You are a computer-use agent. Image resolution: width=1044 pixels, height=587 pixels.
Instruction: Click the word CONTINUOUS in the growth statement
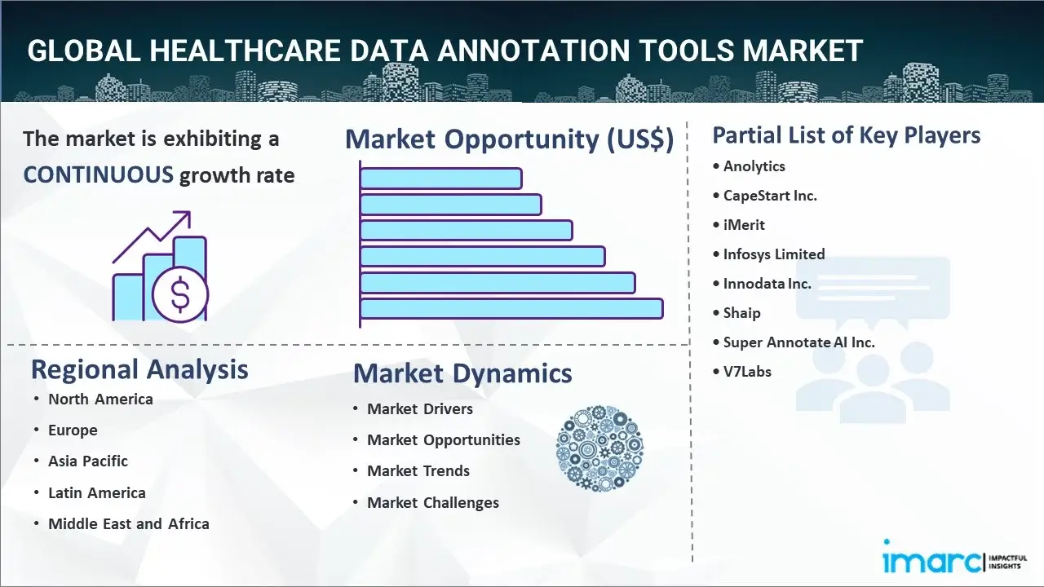pyautogui.click(x=99, y=175)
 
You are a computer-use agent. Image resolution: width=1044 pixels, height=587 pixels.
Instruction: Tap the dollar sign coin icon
pyautogui.click(x=180, y=294)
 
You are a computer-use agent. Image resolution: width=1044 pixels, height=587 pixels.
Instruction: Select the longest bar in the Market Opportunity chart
pyautogui.click(x=511, y=309)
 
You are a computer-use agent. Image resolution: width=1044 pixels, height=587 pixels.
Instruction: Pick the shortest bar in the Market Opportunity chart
pyautogui.click(x=441, y=179)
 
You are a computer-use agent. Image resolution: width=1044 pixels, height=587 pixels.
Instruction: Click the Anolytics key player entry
pyautogui.click(x=754, y=166)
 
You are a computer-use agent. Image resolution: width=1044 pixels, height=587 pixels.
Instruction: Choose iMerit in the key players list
pyautogui.click(x=744, y=225)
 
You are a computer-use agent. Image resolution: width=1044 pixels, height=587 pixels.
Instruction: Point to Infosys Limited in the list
pyautogui.click(x=774, y=254)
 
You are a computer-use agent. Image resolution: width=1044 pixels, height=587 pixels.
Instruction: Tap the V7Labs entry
pyautogui.click(x=747, y=372)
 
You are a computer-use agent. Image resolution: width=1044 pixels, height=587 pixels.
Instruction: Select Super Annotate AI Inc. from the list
pyautogui.click(x=798, y=342)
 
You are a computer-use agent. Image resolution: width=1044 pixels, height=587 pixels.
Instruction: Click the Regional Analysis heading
pyautogui.click(x=139, y=370)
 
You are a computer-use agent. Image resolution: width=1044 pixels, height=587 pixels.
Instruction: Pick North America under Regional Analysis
pyautogui.click(x=100, y=399)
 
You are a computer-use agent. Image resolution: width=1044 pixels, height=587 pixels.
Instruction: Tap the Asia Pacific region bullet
pyautogui.click(x=88, y=461)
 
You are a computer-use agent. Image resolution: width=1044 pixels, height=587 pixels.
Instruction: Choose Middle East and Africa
pyautogui.click(x=129, y=524)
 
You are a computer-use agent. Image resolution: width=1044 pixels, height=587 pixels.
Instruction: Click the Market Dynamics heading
pyautogui.click(x=462, y=373)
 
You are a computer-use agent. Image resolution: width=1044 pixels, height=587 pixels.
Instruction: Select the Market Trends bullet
pyautogui.click(x=418, y=471)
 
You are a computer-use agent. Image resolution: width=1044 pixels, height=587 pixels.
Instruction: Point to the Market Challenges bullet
pyautogui.click(x=433, y=503)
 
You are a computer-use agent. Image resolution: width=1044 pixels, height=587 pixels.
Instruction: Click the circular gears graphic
pyautogui.click(x=599, y=448)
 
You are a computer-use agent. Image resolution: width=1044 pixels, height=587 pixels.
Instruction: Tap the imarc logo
pyautogui.click(x=954, y=559)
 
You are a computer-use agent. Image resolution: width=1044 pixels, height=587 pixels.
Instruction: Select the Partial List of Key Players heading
pyautogui.click(x=847, y=135)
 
